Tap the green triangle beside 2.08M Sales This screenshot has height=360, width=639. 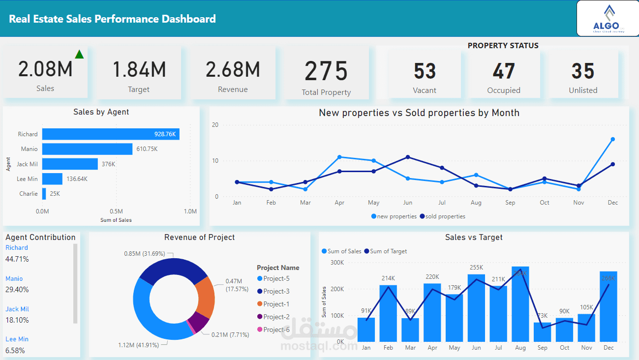79,54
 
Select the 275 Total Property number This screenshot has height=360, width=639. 326,71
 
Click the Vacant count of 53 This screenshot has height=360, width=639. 425,71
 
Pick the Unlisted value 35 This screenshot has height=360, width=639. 583,71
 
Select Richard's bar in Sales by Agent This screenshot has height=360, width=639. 111,134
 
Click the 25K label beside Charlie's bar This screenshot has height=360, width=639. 55,194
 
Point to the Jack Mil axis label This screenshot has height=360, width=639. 28,164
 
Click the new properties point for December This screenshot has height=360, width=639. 612,139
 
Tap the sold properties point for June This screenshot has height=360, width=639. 408,157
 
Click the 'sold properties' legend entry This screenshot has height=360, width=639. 443,216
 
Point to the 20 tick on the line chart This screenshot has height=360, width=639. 215,125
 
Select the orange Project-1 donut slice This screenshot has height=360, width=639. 205,297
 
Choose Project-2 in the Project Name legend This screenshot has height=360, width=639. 275,317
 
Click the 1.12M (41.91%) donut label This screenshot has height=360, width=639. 138,345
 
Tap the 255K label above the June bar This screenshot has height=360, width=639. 476,268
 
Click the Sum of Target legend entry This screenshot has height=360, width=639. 388,251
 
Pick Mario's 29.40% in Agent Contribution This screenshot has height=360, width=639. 17,290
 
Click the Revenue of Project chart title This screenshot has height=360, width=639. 199,237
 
